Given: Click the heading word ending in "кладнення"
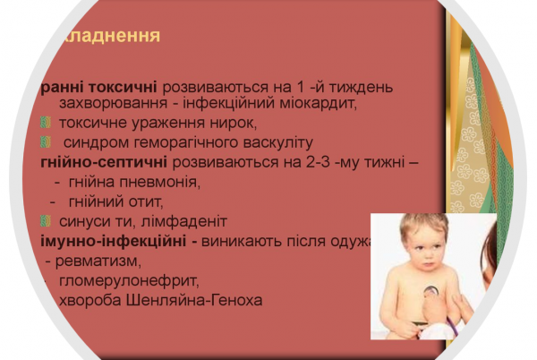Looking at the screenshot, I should tap(105, 36).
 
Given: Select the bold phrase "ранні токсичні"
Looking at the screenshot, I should tap(98, 88).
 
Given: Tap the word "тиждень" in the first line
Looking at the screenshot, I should tap(362, 88).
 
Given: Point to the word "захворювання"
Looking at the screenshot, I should tap(108, 104).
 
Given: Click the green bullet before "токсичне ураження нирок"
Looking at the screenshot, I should tap(46, 123).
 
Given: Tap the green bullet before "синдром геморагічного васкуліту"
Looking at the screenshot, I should tap(46, 142).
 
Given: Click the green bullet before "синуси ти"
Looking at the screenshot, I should tap(46, 221).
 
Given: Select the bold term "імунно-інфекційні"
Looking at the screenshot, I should tap(113, 241).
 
